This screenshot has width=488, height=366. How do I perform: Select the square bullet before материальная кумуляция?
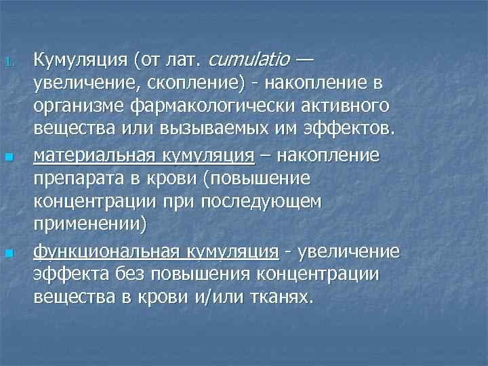[9, 157]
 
